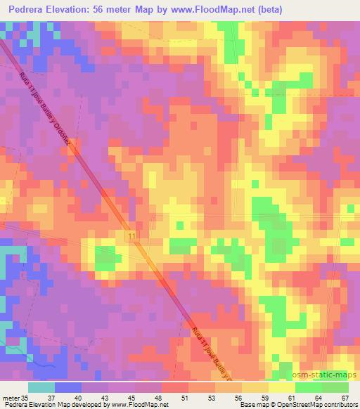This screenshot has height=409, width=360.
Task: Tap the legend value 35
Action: coord(25,398)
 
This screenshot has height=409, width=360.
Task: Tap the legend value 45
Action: coord(132,398)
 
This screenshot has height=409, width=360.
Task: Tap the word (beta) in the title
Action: coord(271,9)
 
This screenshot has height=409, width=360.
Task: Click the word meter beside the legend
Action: coord(11,398)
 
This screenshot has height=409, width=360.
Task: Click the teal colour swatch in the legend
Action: coord(41,387)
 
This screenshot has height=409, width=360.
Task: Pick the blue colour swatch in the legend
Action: coord(68,387)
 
